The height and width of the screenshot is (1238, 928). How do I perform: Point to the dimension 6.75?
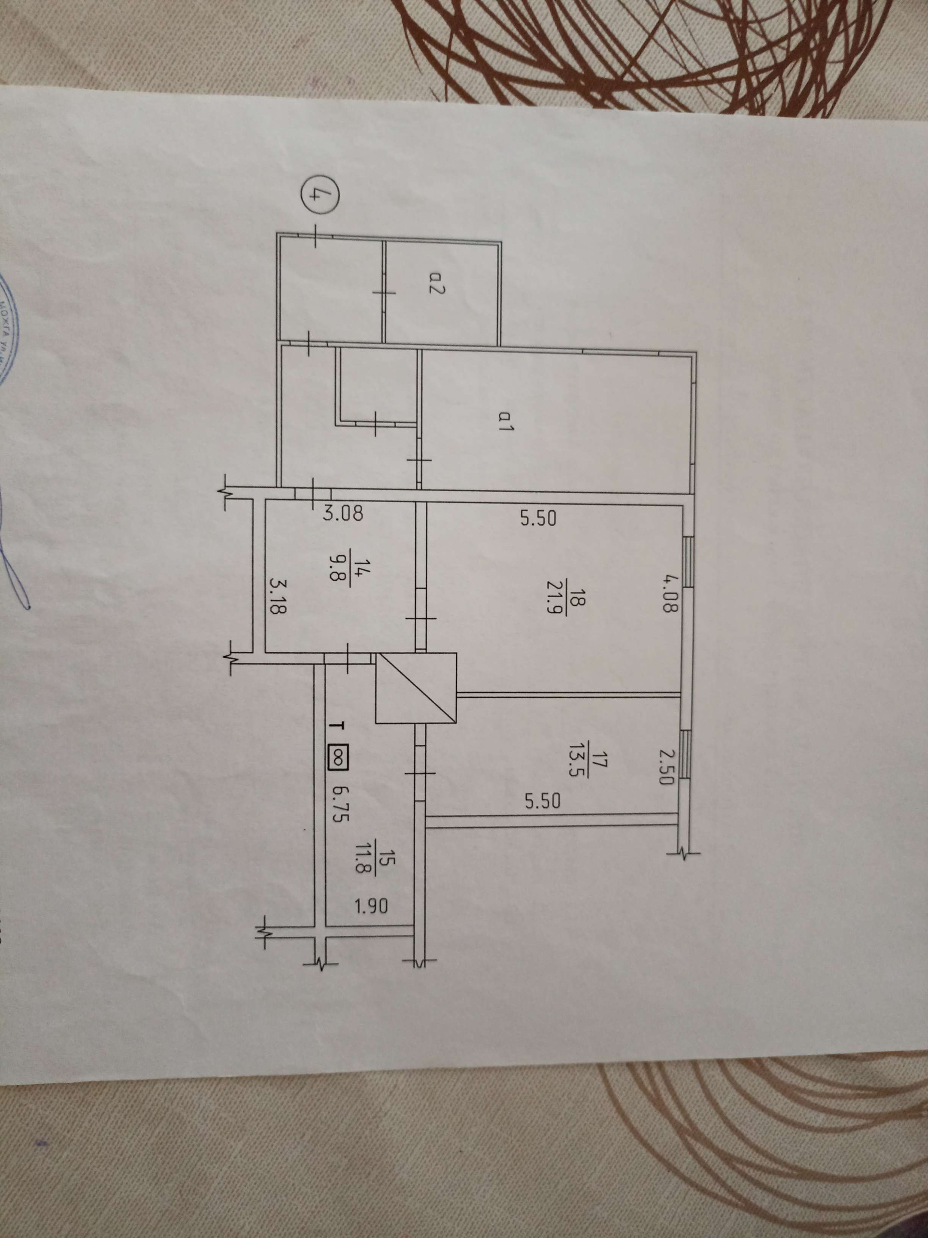coord(342,804)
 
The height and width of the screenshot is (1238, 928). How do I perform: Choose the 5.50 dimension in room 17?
coord(543,802)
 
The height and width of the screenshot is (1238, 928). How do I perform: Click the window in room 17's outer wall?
coord(686,754)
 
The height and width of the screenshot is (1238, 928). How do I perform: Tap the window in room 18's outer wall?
coord(689,562)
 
